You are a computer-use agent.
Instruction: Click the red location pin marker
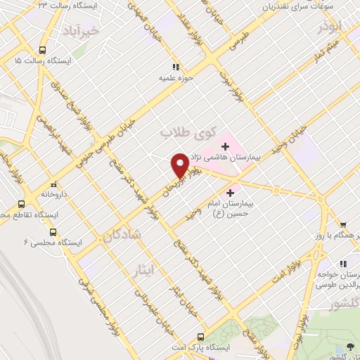[180, 165]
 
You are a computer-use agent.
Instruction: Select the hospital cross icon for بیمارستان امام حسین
[230, 191]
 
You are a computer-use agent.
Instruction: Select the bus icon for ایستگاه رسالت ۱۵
[42, 51]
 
